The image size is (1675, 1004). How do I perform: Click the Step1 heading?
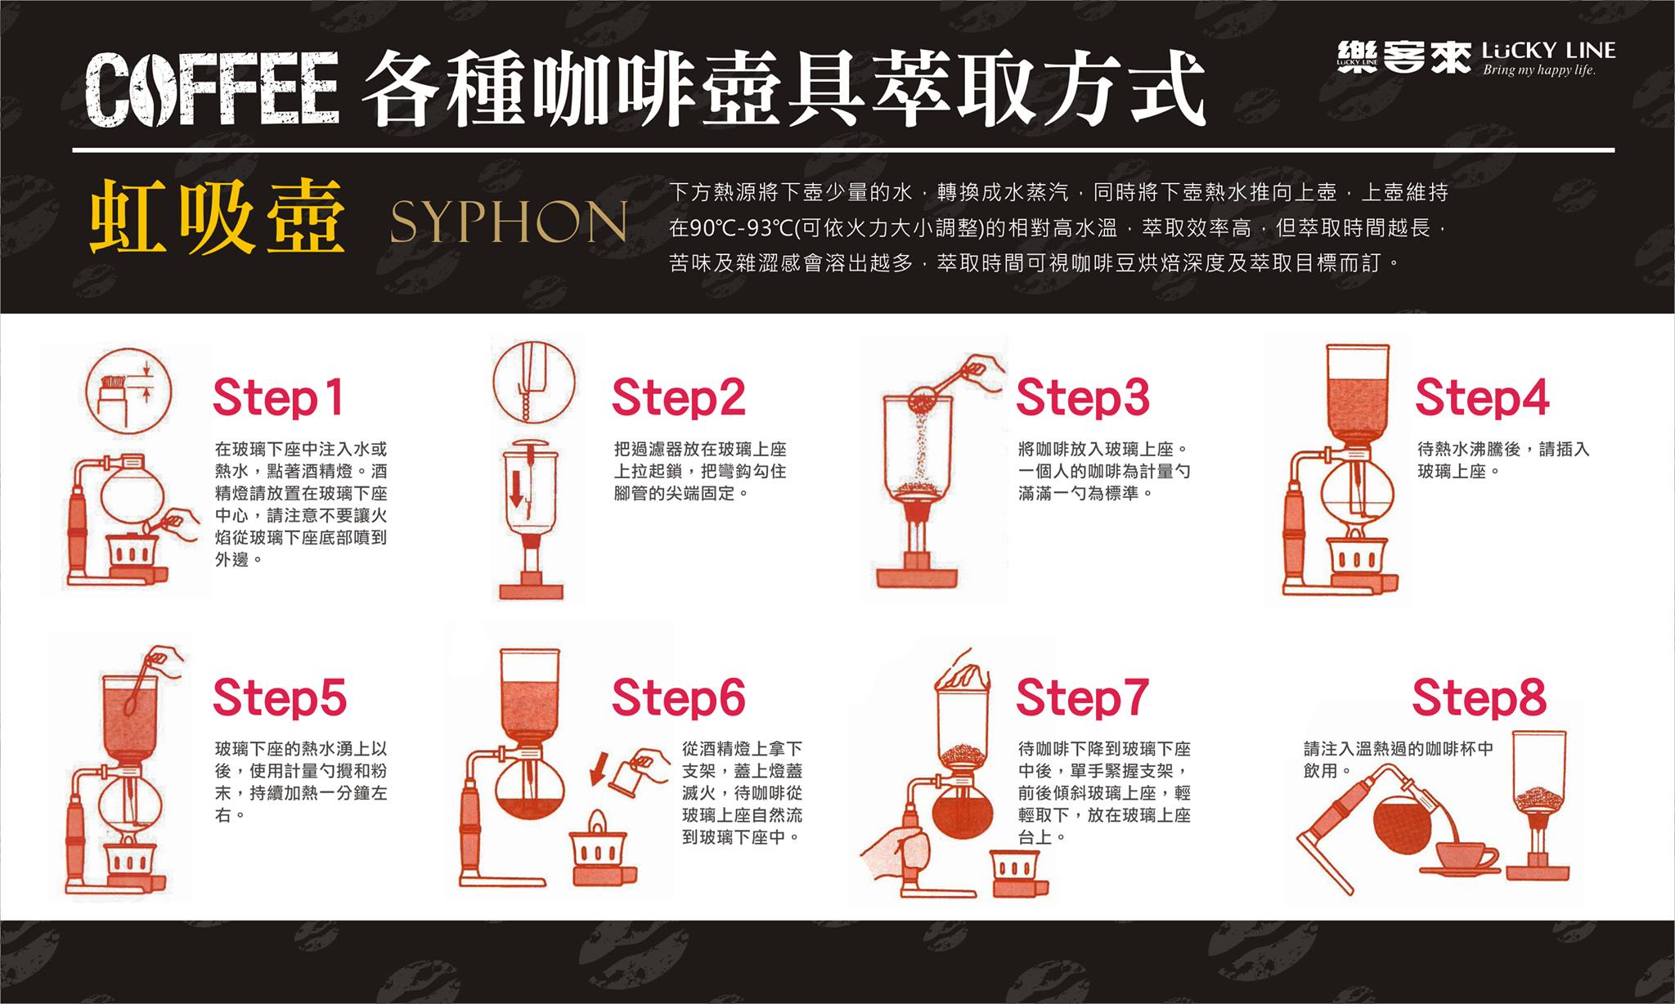(278, 398)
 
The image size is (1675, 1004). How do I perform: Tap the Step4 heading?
(1482, 398)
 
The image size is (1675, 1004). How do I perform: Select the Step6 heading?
(678, 697)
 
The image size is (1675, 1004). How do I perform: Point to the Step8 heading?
(1479, 697)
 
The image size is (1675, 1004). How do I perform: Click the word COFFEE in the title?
(212, 89)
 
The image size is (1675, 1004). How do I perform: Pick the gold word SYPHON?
(508, 222)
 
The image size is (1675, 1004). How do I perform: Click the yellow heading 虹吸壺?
(217, 219)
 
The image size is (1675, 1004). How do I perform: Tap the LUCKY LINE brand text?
(1548, 51)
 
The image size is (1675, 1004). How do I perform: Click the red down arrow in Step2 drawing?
(517, 487)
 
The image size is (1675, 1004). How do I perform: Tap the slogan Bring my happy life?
(1539, 70)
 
